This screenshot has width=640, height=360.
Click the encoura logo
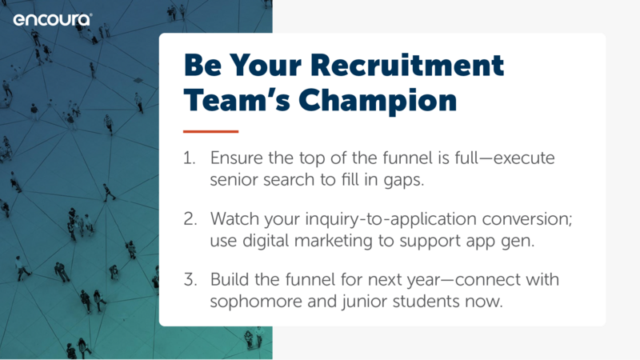[x=53, y=19]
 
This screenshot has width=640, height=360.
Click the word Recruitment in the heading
[x=407, y=65]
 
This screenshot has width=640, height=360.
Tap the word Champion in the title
[x=378, y=101]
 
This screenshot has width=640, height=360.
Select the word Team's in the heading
[x=237, y=100]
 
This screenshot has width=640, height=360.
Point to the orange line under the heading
[x=210, y=131]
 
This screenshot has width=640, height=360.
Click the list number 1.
[x=189, y=158]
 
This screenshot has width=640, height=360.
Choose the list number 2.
[x=190, y=218]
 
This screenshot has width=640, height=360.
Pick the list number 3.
[x=190, y=279]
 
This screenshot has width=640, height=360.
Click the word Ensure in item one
[x=236, y=158]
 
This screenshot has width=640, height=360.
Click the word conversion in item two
[x=527, y=219]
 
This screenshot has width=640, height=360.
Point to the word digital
[x=266, y=241]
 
